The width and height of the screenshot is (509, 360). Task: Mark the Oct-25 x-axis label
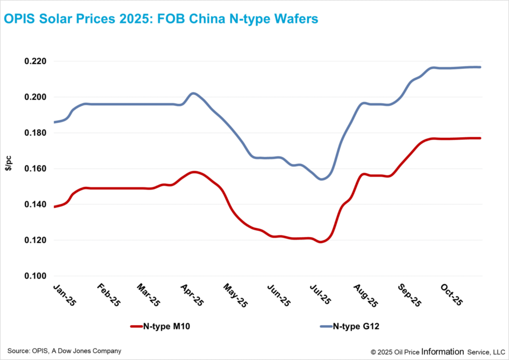(x=449, y=294)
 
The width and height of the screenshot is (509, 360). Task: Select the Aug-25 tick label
(x=363, y=294)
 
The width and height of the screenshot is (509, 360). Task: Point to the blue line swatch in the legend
(x=325, y=327)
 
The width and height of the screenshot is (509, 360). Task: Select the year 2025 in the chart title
(x=116, y=19)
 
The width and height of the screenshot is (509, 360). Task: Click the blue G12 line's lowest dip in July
(x=322, y=179)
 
